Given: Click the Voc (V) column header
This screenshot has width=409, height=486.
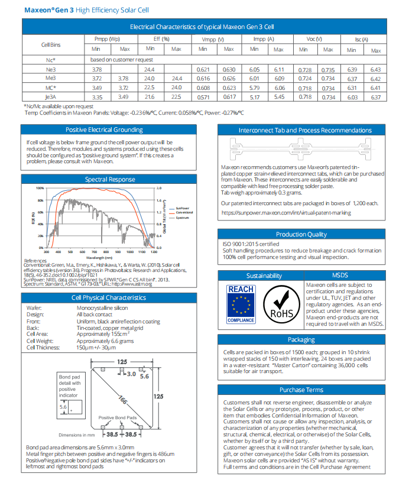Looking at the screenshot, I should coord(314,39).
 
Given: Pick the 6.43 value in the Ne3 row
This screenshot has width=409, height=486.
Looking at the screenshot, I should coord(375,69).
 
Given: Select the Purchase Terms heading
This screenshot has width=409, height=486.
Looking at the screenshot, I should coord(301,390).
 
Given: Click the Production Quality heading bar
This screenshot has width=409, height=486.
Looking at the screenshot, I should coord(301,234).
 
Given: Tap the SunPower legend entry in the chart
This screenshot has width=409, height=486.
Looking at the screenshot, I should coord(183,208).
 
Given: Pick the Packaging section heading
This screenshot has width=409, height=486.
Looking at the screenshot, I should coord(301,339).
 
